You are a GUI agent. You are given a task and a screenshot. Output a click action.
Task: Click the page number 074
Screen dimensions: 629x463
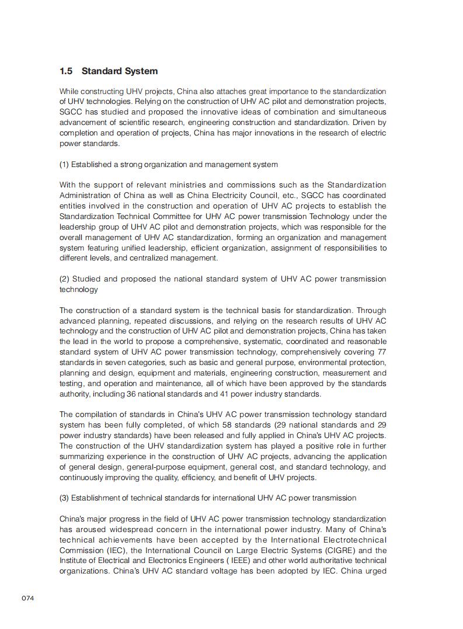point(28,598)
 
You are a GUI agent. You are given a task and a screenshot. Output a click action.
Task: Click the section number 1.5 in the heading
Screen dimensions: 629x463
point(66,71)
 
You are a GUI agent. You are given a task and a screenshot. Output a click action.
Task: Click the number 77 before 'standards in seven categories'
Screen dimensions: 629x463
point(380,352)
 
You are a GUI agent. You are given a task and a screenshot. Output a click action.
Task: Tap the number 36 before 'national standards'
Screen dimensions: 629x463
point(131,394)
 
